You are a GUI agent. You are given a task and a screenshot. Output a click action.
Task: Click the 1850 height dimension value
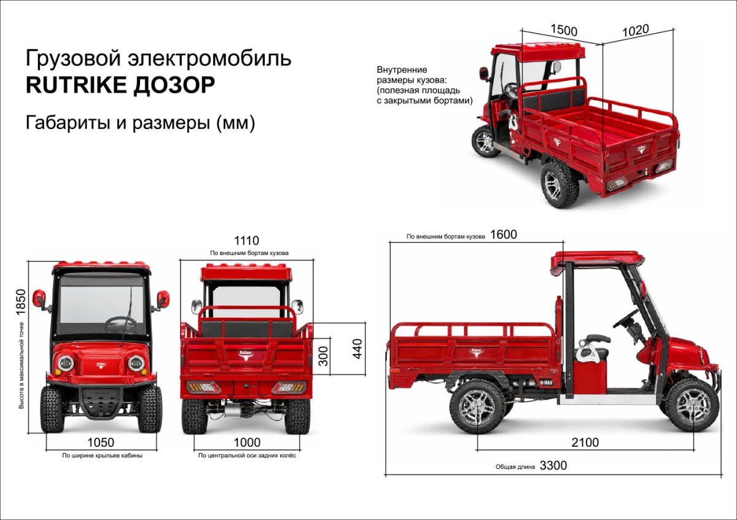tap(20, 302)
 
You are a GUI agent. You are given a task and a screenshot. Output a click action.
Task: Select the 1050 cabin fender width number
tap(101, 443)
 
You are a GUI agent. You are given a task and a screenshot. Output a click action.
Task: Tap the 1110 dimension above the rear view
tap(246, 241)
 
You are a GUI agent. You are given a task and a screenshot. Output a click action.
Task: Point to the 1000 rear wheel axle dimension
tap(247, 443)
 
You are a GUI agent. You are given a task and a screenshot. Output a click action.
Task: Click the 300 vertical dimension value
tap(324, 356)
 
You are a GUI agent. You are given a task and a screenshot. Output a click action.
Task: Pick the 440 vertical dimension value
tap(357, 349)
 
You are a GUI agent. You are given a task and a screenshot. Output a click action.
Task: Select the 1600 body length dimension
tap(504, 234)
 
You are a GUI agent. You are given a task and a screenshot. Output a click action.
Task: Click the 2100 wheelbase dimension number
tap(585, 443)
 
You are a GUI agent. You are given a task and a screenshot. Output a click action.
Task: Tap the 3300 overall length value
tap(553, 465)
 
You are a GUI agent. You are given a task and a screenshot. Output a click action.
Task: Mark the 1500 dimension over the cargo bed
tap(564, 30)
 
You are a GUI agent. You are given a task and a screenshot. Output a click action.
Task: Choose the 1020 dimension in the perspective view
tap(636, 30)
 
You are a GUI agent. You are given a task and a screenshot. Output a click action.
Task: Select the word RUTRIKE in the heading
tap(76, 85)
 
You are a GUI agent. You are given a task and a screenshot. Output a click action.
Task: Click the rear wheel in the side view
tap(477, 407)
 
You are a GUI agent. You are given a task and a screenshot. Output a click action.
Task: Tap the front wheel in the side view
tap(692, 405)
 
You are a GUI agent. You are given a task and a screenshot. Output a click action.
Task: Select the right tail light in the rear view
tap(288, 388)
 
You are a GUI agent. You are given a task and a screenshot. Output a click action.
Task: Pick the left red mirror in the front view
tap(39, 298)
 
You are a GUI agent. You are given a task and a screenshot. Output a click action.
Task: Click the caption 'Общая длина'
tap(515, 467)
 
